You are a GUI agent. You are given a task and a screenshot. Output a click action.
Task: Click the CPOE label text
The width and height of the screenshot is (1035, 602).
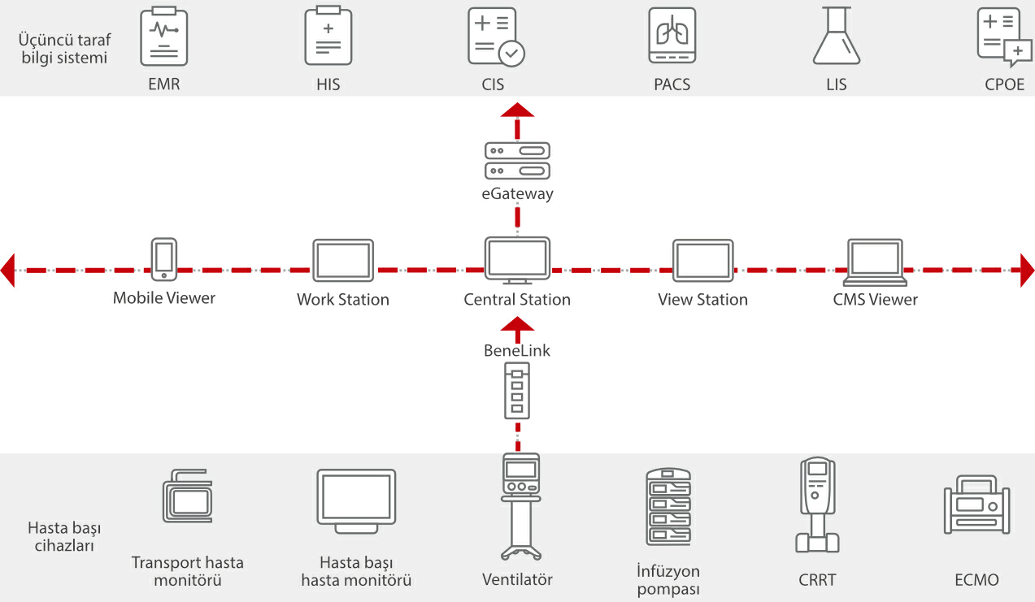pos(1005,84)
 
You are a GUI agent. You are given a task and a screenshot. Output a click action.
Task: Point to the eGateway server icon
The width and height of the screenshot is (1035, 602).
pos(517,160)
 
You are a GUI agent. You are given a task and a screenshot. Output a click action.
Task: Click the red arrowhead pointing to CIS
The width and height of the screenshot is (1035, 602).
pos(517,110)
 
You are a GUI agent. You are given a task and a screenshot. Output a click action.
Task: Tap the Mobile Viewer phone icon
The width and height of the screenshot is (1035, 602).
pos(164,259)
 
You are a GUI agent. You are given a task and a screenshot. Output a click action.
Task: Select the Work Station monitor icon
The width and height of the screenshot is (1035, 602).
pos(343,261)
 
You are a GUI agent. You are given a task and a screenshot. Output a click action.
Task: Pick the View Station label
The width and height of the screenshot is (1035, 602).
pos(702,300)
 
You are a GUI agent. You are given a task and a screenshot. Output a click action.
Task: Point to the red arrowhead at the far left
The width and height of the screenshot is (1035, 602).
pos(8,270)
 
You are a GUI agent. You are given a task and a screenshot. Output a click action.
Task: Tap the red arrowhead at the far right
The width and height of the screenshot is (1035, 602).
pos(1027,270)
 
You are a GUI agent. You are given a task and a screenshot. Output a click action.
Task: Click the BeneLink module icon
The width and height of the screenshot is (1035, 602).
pos(517,390)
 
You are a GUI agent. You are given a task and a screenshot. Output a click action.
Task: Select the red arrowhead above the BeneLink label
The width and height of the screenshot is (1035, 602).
pos(517,325)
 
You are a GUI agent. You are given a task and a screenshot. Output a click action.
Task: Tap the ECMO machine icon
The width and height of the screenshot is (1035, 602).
pos(976,505)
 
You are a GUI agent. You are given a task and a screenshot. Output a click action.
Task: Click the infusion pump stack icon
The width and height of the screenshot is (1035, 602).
pos(668,508)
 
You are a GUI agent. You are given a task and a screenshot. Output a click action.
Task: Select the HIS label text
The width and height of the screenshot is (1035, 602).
pos(328,84)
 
